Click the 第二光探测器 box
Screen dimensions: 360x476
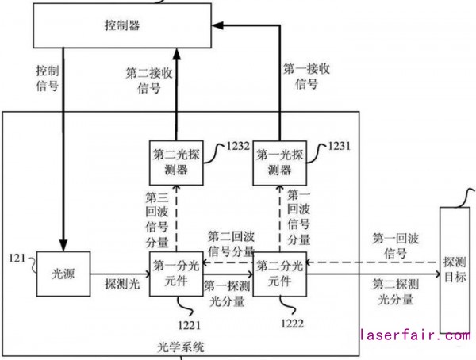(176, 162)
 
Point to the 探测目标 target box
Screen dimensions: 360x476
(455, 270)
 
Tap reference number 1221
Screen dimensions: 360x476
(194, 324)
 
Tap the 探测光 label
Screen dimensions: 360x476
(121, 283)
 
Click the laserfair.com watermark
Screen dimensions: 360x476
(415, 336)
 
